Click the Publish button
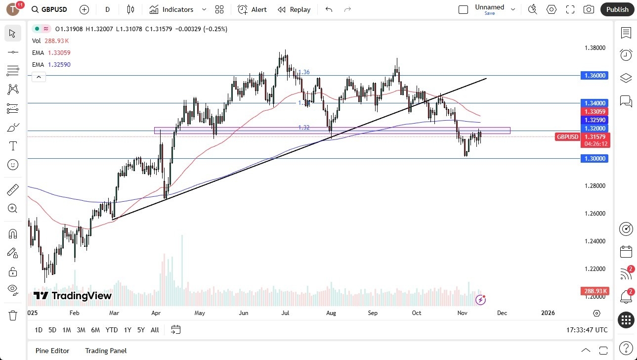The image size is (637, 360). [617, 9]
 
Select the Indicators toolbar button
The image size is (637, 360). [172, 9]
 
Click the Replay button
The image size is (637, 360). [294, 9]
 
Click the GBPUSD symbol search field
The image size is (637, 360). [49, 9]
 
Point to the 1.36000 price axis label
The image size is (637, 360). [595, 76]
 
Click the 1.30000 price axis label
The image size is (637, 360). [595, 159]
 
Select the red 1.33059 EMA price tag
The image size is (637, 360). [595, 112]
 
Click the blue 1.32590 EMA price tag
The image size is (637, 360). [595, 120]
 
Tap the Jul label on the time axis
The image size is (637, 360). [285, 313]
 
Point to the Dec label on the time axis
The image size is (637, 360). [502, 313]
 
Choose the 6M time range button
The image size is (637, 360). [95, 330]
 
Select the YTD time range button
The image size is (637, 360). [112, 330]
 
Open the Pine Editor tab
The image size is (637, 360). [52, 351]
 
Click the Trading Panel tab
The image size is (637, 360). [106, 351]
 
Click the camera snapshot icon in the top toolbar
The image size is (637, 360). [589, 9]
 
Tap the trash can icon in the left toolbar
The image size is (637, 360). [13, 315]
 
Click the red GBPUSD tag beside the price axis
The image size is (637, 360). [567, 137]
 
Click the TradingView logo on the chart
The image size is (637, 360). [73, 296]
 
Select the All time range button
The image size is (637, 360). [155, 330]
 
